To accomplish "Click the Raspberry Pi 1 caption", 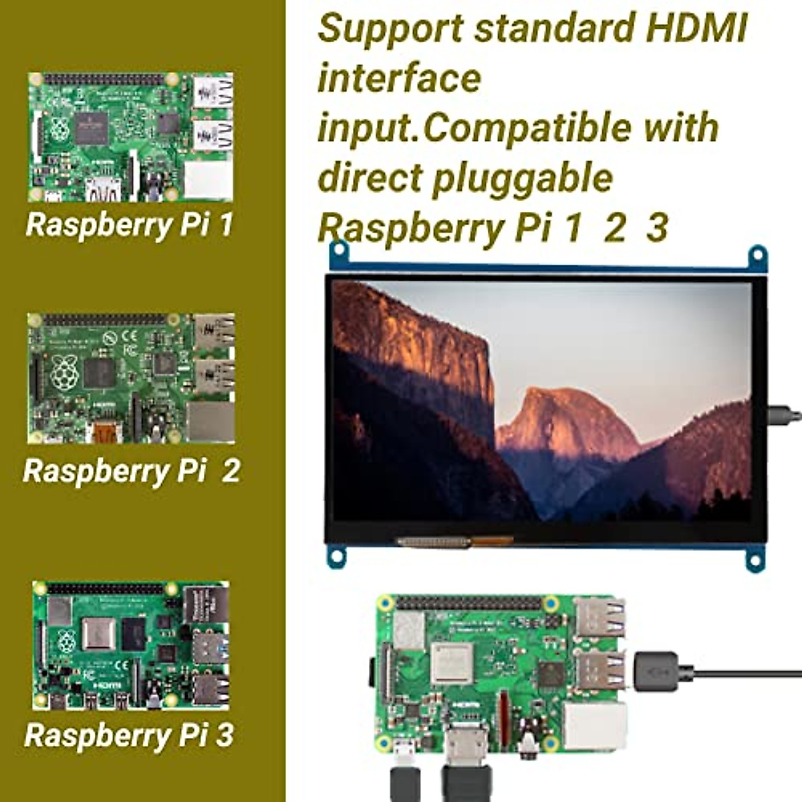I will pyautogui.click(x=129, y=225).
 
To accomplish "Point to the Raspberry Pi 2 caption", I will pyautogui.click(x=131, y=471).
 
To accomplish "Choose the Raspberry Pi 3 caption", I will pyautogui.click(x=129, y=735).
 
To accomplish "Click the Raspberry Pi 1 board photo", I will pyautogui.click(x=131, y=137).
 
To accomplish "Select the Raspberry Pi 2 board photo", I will pyautogui.click(x=131, y=378).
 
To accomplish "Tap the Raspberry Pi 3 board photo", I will pyautogui.click(x=131, y=646).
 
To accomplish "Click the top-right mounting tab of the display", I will pyautogui.click(x=757, y=256).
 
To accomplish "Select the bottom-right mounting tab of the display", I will pyautogui.click(x=755, y=557).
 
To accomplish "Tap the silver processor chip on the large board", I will pyautogui.click(x=452, y=664).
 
